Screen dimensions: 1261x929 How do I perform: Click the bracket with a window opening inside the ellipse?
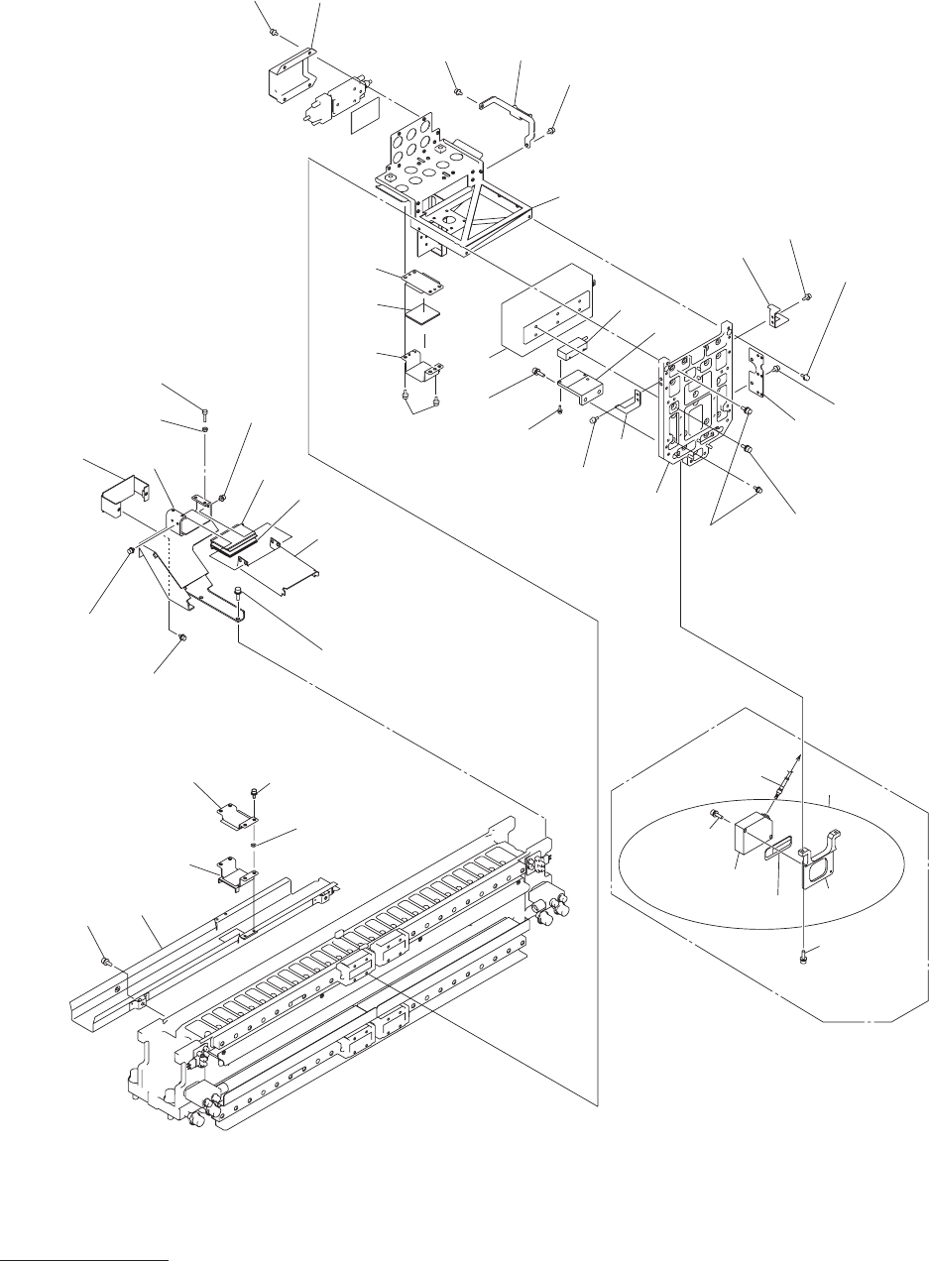click(820, 862)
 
